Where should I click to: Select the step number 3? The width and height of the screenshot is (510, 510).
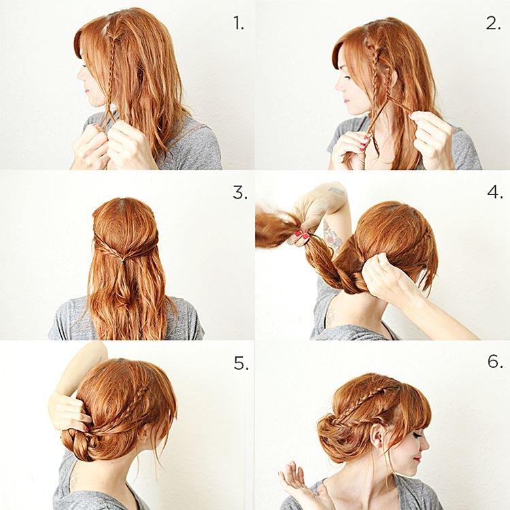239,192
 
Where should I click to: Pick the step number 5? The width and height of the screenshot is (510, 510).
241,363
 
